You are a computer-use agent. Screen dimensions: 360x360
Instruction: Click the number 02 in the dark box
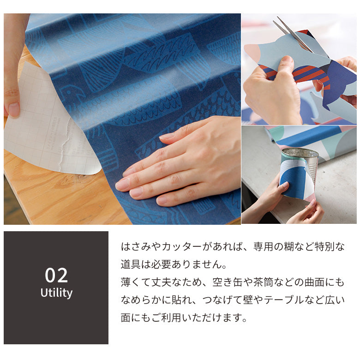(56, 275)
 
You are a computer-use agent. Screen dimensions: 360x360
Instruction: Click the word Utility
(56, 293)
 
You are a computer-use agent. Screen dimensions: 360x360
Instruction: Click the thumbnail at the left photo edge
(11, 108)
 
